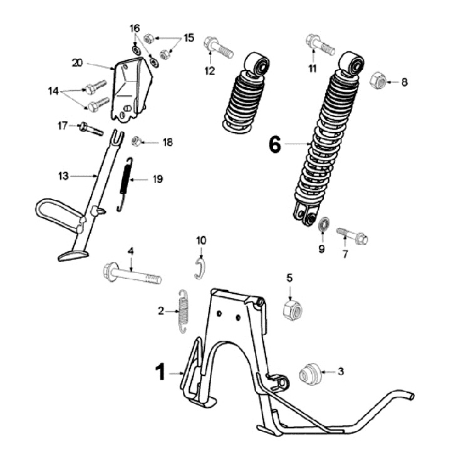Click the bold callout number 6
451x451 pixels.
274,145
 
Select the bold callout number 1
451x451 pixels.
160,372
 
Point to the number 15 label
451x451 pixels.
189,38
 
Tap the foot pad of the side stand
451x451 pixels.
73,255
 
